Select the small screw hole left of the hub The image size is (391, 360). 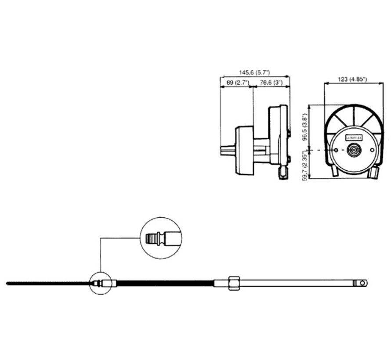[336, 151]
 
